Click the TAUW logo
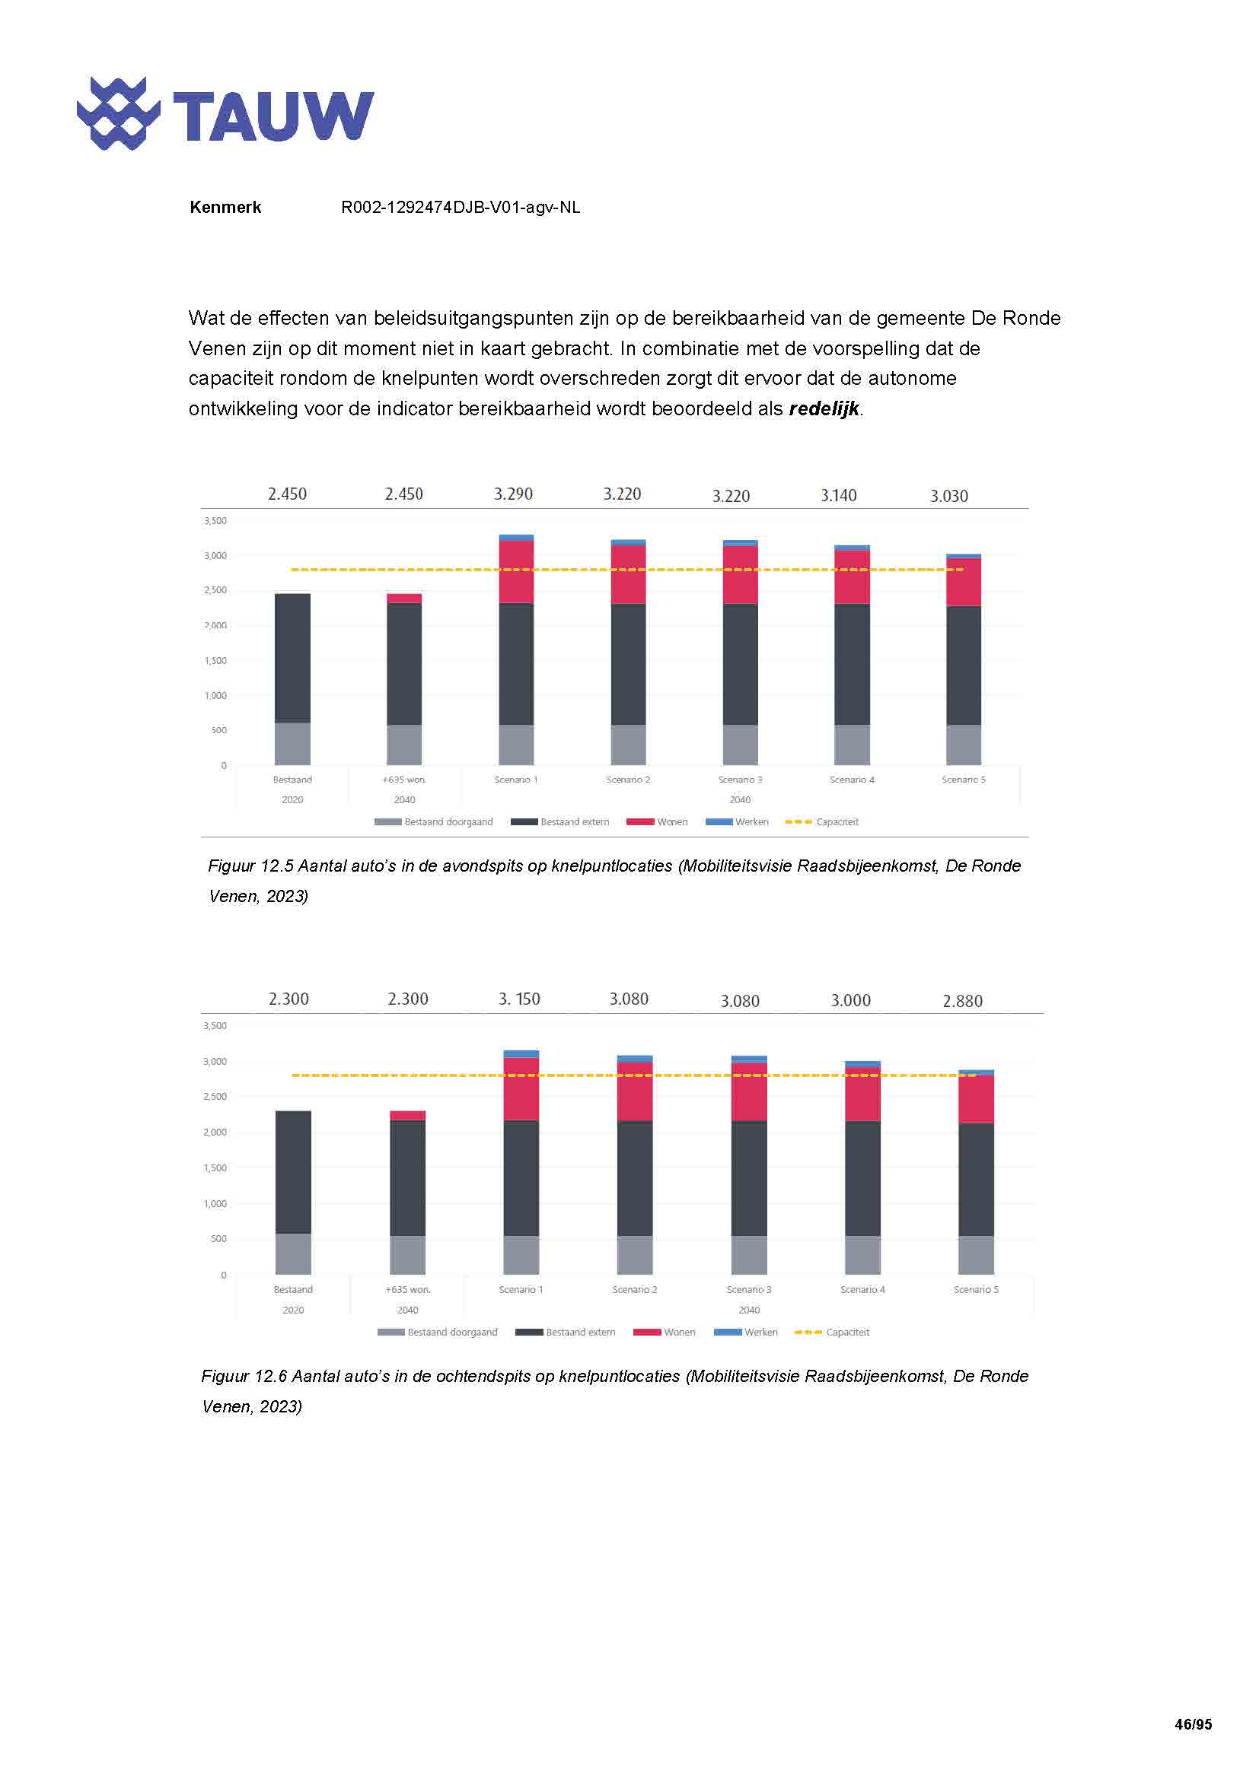225,115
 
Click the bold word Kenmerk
225,208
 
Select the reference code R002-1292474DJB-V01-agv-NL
460,208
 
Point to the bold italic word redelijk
824,409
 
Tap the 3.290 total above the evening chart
513,494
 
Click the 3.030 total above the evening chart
949,497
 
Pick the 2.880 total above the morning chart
962,1001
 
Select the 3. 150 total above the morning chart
519,999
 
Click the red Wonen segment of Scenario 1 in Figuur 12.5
516,572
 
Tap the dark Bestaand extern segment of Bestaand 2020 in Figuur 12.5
293,659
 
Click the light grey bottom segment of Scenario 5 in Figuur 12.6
976,1254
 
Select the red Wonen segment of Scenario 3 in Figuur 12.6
749,1092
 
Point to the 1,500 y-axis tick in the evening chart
215,661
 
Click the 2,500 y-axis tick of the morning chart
215,1097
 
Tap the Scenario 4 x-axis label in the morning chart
862,1289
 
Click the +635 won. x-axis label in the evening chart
405,780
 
